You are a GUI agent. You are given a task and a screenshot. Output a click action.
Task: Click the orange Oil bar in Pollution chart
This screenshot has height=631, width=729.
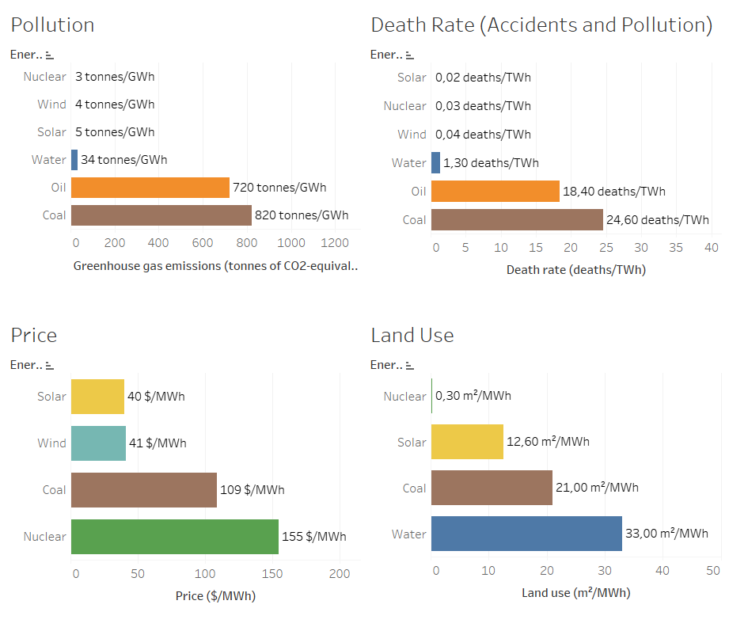click(150, 188)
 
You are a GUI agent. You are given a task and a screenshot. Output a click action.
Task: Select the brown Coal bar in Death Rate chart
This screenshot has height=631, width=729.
click(517, 219)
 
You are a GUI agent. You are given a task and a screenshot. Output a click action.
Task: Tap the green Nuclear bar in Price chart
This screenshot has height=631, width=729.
click(174, 537)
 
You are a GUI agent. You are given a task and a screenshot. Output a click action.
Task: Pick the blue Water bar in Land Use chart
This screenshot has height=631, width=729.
click(526, 534)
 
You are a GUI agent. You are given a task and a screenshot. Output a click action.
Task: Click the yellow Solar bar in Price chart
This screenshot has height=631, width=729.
click(97, 396)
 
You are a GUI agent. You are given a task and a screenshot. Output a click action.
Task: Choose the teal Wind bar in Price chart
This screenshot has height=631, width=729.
click(98, 443)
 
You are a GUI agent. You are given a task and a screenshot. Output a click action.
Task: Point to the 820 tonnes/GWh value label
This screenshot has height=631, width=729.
click(302, 215)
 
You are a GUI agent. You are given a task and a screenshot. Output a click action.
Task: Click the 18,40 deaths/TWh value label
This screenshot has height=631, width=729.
click(614, 191)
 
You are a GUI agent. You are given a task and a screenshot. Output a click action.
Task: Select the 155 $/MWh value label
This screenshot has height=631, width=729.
click(313, 537)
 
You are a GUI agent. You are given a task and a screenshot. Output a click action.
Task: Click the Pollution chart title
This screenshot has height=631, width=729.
click(52, 25)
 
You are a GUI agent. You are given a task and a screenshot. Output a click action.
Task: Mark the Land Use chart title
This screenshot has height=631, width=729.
click(412, 335)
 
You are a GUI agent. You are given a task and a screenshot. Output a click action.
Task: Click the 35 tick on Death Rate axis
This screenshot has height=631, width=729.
click(675, 247)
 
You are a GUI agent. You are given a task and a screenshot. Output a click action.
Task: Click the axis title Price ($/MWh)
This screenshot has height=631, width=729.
click(215, 596)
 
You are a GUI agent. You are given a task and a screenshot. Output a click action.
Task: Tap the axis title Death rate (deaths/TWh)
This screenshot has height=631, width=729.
click(575, 270)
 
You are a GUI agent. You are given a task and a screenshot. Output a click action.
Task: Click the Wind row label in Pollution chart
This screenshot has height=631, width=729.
click(51, 105)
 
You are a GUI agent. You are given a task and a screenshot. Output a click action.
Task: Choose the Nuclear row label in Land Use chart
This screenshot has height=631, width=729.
click(404, 397)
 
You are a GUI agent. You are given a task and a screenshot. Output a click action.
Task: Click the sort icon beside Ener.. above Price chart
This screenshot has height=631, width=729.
click(50, 366)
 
